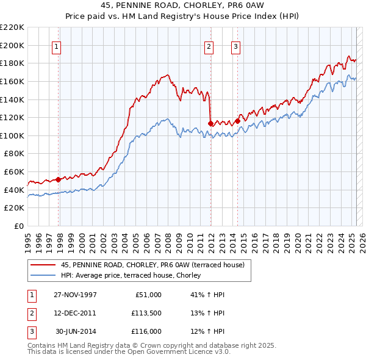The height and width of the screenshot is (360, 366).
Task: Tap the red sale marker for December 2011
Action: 210,123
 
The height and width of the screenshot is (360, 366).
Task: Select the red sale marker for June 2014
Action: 237,121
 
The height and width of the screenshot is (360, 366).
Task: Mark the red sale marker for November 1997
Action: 59,179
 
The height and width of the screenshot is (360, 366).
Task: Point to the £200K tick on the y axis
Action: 12,45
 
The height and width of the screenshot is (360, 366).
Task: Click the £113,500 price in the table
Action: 146,313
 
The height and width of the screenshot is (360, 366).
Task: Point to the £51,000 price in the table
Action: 148,295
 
